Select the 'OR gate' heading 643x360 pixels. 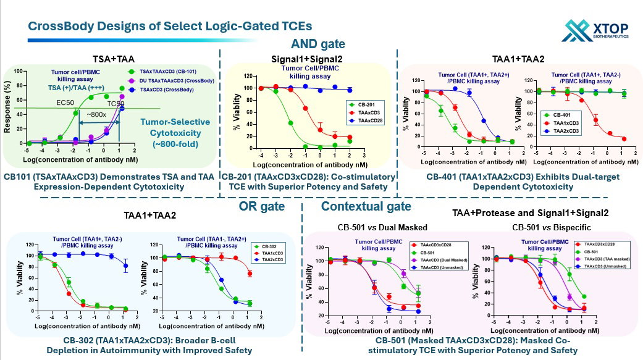point(261,206)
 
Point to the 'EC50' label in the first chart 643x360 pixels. point(65,102)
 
